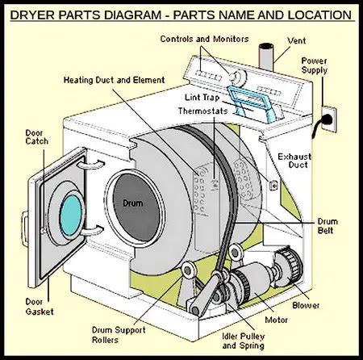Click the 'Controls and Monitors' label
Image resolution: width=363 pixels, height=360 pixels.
click(x=204, y=39)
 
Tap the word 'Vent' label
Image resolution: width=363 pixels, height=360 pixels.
click(x=297, y=41)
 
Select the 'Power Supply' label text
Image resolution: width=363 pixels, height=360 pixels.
click(x=314, y=65)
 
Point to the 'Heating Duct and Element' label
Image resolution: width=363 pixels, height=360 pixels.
click(x=114, y=80)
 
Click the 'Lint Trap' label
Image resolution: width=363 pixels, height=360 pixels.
click(x=202, y=97)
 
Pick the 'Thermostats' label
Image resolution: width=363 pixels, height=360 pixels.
click(x=202, y=111)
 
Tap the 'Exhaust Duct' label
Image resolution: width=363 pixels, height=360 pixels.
click(x=294, y=161)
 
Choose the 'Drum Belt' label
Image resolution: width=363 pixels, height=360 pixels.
click(x=328, y=226)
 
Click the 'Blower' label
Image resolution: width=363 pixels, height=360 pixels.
click(x=306, y=305)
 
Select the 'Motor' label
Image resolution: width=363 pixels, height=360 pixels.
click(x=276, y=320)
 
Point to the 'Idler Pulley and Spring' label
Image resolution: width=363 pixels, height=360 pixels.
click(x=244, y=341)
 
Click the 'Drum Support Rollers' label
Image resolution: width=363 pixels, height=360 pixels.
click(x=119, y=335)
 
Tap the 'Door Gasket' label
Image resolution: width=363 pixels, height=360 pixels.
click(x=40, y=307)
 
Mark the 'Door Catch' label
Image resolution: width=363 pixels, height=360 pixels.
click(x=37, y=137)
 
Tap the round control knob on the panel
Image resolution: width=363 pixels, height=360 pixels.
click(x=238, y=76)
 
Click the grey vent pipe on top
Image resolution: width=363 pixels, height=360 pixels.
click(x=266, y=57)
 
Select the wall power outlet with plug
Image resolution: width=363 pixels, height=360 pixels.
click(x=328, y=119)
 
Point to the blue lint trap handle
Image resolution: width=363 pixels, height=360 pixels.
click(x=252, y=103)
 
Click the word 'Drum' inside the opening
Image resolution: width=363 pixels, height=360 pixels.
click(x=133, y=203)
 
